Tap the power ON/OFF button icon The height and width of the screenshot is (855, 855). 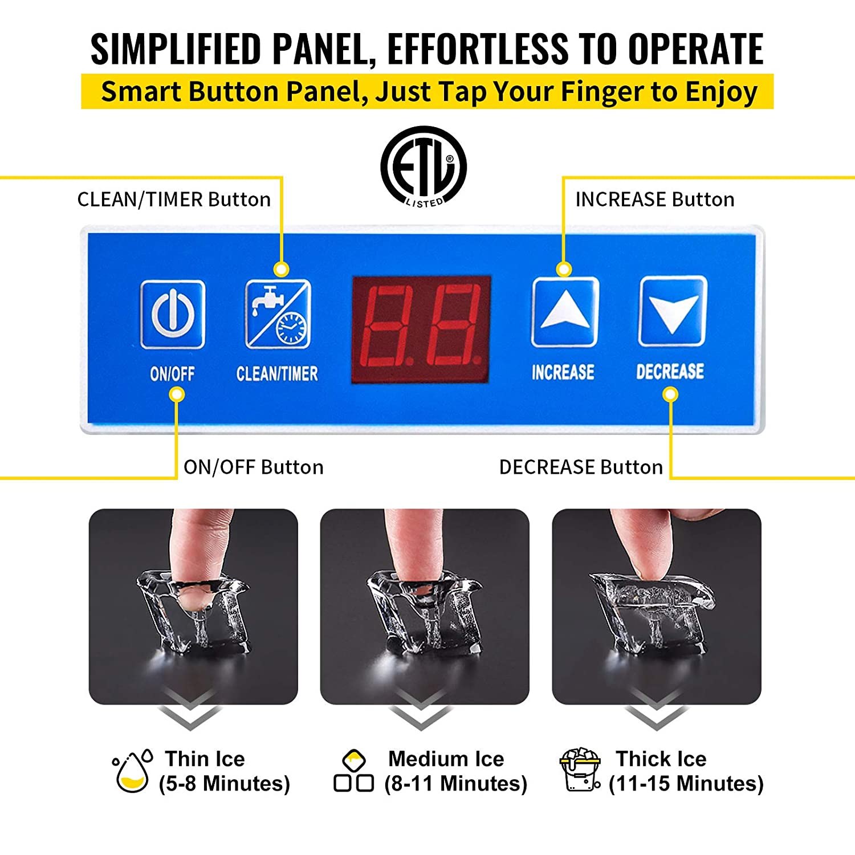[172, 314]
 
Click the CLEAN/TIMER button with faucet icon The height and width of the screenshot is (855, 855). [278, 314]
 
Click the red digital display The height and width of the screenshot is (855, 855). [421, 329]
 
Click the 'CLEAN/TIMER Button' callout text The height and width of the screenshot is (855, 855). [174, 199]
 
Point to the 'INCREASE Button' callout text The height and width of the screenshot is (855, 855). [654, 199]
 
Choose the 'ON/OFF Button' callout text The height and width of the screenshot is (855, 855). [253, 467]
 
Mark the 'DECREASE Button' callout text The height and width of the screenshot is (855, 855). [581, 467]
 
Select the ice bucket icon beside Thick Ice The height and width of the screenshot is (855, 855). [580, 770]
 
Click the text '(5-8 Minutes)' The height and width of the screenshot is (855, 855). [225, 784]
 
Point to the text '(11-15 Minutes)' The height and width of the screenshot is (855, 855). [686, 784]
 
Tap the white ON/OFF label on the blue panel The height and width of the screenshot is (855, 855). [172, 374]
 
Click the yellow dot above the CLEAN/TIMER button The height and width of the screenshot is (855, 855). [281, 269]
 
